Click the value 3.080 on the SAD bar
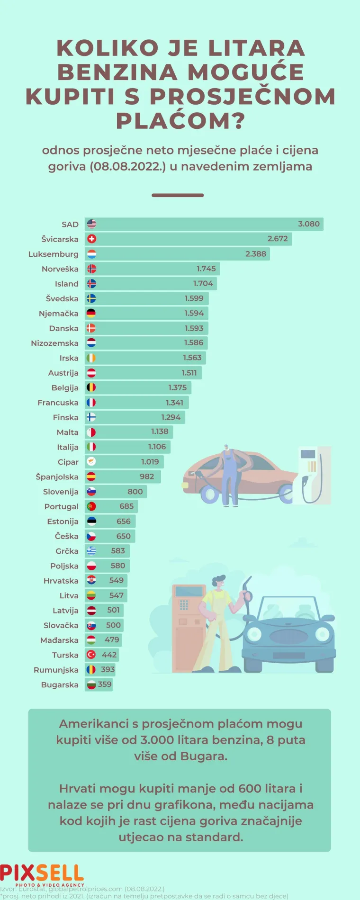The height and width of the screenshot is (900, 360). pos(308,224)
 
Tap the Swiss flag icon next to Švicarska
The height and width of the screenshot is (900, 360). pos(91,239)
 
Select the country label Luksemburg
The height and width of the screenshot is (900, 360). pos(53,254)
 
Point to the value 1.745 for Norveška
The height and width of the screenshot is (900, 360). pos(206,269)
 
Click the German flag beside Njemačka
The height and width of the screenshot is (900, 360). pos(91,314)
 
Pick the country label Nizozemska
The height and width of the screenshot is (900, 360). pos(54,343)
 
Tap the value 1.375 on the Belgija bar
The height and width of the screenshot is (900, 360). pos(178,388)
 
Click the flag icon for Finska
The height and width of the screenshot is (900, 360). pos(91,417)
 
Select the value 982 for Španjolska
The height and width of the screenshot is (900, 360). pos(147,477)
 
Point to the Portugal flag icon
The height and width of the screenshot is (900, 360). pos(91,507)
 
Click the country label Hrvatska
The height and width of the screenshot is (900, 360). pos(61,581)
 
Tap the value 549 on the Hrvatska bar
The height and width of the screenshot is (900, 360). pos(116,581)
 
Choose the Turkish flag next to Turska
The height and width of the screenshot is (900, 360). pos(91,655)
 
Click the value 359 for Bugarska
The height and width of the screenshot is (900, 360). pos(105,684)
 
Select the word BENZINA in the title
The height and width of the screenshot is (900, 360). pos(121,72)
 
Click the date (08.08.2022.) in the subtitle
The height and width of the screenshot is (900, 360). pos(127,167)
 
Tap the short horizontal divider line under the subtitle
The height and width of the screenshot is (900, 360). pos(178,195)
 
